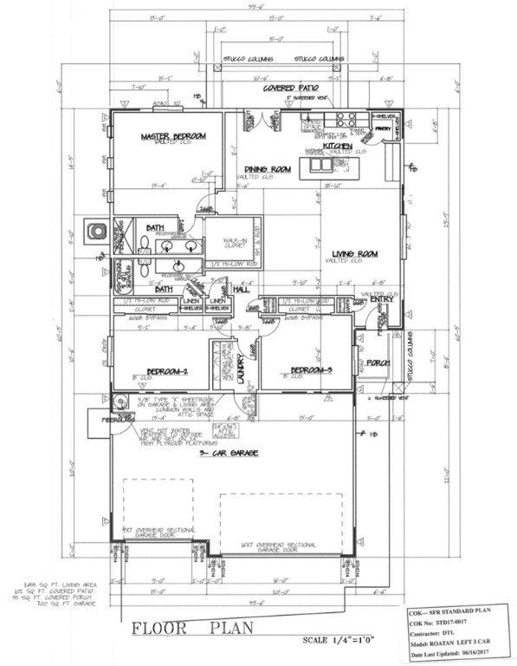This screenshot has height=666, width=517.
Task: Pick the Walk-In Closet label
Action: point(229,245)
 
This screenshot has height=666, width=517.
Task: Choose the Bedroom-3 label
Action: point(309,371)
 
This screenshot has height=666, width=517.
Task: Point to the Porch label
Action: point(378,362)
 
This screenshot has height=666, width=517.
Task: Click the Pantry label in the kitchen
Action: point(384,133)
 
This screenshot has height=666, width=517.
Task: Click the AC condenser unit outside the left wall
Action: point(94,232)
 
